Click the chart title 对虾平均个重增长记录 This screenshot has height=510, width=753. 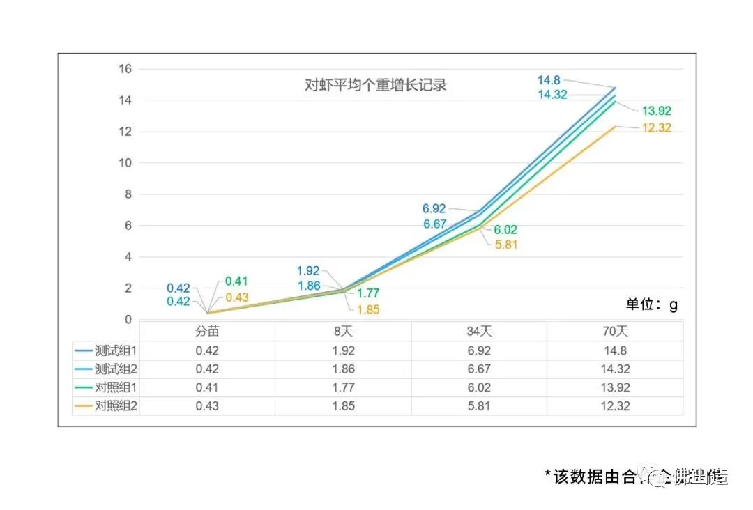coord(376,86)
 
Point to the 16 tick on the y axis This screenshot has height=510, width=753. coord(125,69)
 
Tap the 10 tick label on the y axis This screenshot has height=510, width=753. coord(125,163)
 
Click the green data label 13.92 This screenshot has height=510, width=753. coord(656,111)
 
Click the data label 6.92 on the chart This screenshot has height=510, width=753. coord(434,208)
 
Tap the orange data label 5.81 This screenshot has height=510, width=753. coord(507,245)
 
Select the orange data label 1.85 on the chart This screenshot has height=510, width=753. coord(367,310)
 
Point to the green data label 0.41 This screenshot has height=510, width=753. coord(236,281)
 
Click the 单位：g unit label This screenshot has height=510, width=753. coord(651,304)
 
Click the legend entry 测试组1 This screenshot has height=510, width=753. coord(106,350)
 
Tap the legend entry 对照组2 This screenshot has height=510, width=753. coord(106,405)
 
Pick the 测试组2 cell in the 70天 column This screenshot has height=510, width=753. coord(615,369)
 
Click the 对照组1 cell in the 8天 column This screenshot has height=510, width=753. coord(343,387)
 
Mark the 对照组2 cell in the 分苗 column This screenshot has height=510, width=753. coord(207,405)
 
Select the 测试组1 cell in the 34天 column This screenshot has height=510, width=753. coord(479,351)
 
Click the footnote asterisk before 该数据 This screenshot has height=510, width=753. coord(548,477)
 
